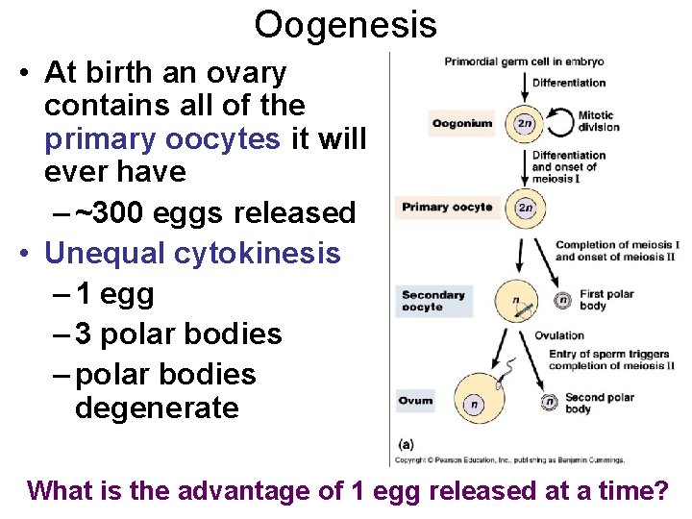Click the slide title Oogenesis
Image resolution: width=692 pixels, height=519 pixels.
pyautogui.click(x=345, y=25)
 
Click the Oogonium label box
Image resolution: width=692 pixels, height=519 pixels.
pyautogui.click(x=462, y=123)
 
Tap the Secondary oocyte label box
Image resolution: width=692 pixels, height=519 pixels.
pyautogui.click(x=433, y=301)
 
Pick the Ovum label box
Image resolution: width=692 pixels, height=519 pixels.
pyautogui.click(x=416, y=401)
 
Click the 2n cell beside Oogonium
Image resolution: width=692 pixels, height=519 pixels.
pyautogui.click(x=525, y=123)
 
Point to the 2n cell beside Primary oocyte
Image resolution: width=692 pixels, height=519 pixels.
pyautogui.click(x=525, y=208)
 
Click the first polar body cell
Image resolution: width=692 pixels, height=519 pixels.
pyautogui.click(x=562, y=301)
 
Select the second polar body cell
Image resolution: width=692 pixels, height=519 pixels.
pyautogui.click(x=549, y=403)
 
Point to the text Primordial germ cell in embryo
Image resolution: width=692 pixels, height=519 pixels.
pyautogui.click(x=523, y=62)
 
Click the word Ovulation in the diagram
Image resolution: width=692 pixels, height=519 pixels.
pyautogui.click(x=559, y=335)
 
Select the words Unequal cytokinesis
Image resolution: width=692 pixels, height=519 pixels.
pyautogui.click(x=192, y=254)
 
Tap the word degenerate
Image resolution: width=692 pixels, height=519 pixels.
pyautogui.click(x=157, y=408)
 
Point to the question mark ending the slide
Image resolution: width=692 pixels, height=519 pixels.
pyautogui.click(x=660, y=491)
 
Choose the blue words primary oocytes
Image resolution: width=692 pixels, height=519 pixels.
pyautogui.click(x=162, y=138)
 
